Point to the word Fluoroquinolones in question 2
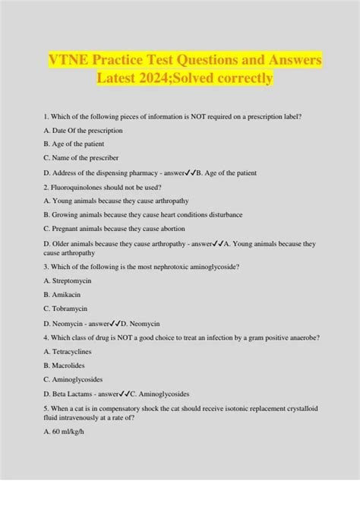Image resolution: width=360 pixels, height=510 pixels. [83, 187]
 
